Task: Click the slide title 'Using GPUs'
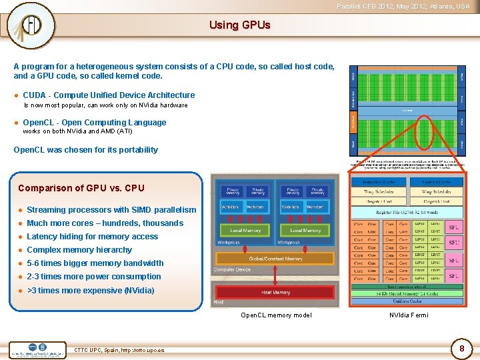point(239,25)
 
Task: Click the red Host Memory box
point(275,292)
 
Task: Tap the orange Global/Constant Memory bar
point(275,259)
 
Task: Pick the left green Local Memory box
point(245,231)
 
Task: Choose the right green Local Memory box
point(305,231)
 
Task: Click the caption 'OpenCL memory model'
point(275,315)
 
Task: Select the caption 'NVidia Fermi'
point(409,315)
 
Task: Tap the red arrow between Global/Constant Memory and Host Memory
point(275,275)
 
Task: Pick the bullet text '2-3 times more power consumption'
point(93,277)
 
